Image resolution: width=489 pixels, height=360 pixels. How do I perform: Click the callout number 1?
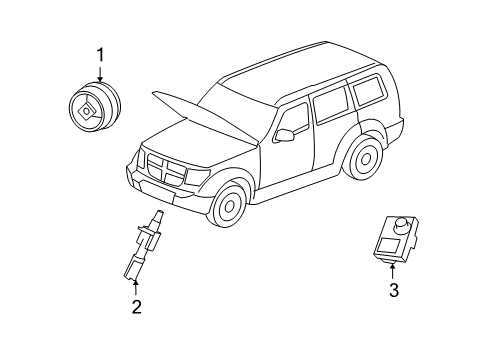coord(98,54)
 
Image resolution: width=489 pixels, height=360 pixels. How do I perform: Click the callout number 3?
coord(394,291)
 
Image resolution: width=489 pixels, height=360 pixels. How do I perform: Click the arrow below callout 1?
coord(98,72)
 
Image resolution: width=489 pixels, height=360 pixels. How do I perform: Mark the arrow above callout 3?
coord(394,271)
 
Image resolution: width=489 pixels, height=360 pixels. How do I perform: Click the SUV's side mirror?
coord(283,134)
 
